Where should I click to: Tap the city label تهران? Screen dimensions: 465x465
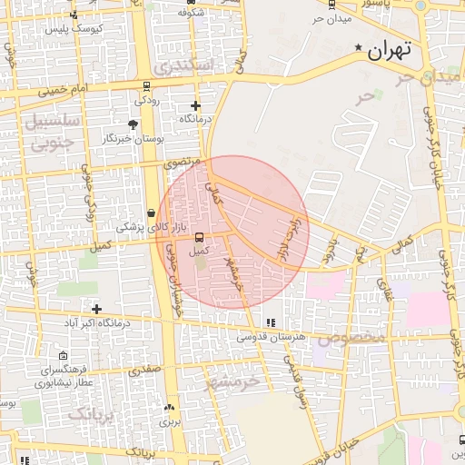[x=390, y=51]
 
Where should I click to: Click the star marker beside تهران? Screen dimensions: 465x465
[x=359, y=47]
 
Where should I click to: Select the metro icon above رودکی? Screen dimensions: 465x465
[x=145, y=87]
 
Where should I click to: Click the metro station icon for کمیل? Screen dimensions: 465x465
[x=199, y=238]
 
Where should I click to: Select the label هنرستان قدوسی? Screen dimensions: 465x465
[x=270, y=336]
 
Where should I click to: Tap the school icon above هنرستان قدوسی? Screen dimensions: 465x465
[x=270, y=322]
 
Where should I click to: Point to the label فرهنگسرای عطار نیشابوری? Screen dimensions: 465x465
[x=61, y=376]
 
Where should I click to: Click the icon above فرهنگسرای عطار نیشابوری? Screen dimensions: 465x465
[x=62, y=356]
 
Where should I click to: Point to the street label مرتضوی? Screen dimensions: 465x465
[x=182, y=163]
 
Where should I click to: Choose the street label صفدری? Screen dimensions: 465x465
[x=143, y=371]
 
